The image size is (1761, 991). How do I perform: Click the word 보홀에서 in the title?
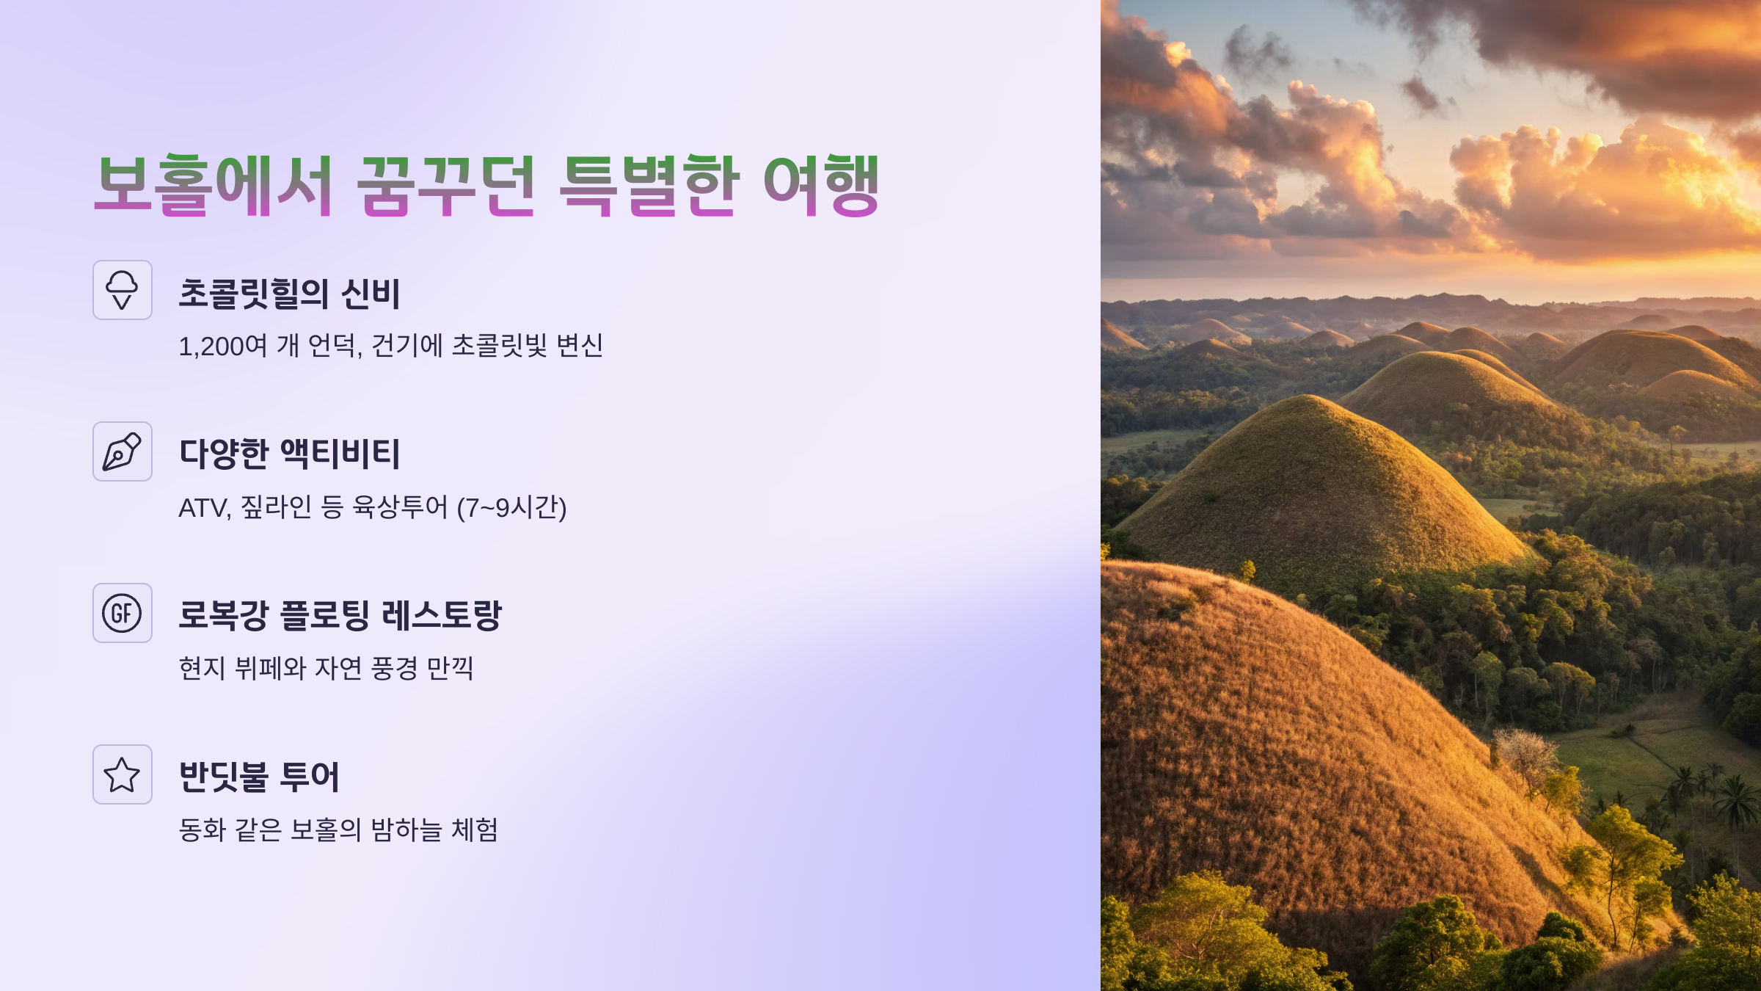click(x=214, y=185)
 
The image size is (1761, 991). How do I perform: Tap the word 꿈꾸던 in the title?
click(x=445, y=185)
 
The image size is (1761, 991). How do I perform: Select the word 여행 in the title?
click(x=821, y=185)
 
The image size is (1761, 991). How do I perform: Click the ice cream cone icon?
click(x=123, y=290)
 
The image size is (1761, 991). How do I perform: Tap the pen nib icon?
click(x=123, y=451)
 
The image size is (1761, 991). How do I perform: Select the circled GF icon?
click(x=123, y=613)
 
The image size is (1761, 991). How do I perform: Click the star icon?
click(x=123, y=774)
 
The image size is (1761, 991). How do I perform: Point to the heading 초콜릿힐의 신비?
click(x=289, y=294)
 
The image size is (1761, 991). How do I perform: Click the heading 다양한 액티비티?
click(x=289, y=454)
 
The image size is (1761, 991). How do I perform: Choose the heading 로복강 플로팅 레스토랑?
click(x=340, y=615)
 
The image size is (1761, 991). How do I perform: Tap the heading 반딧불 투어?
click(x=259, y=777)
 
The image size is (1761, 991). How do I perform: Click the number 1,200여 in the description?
click(x=222, y=346)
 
